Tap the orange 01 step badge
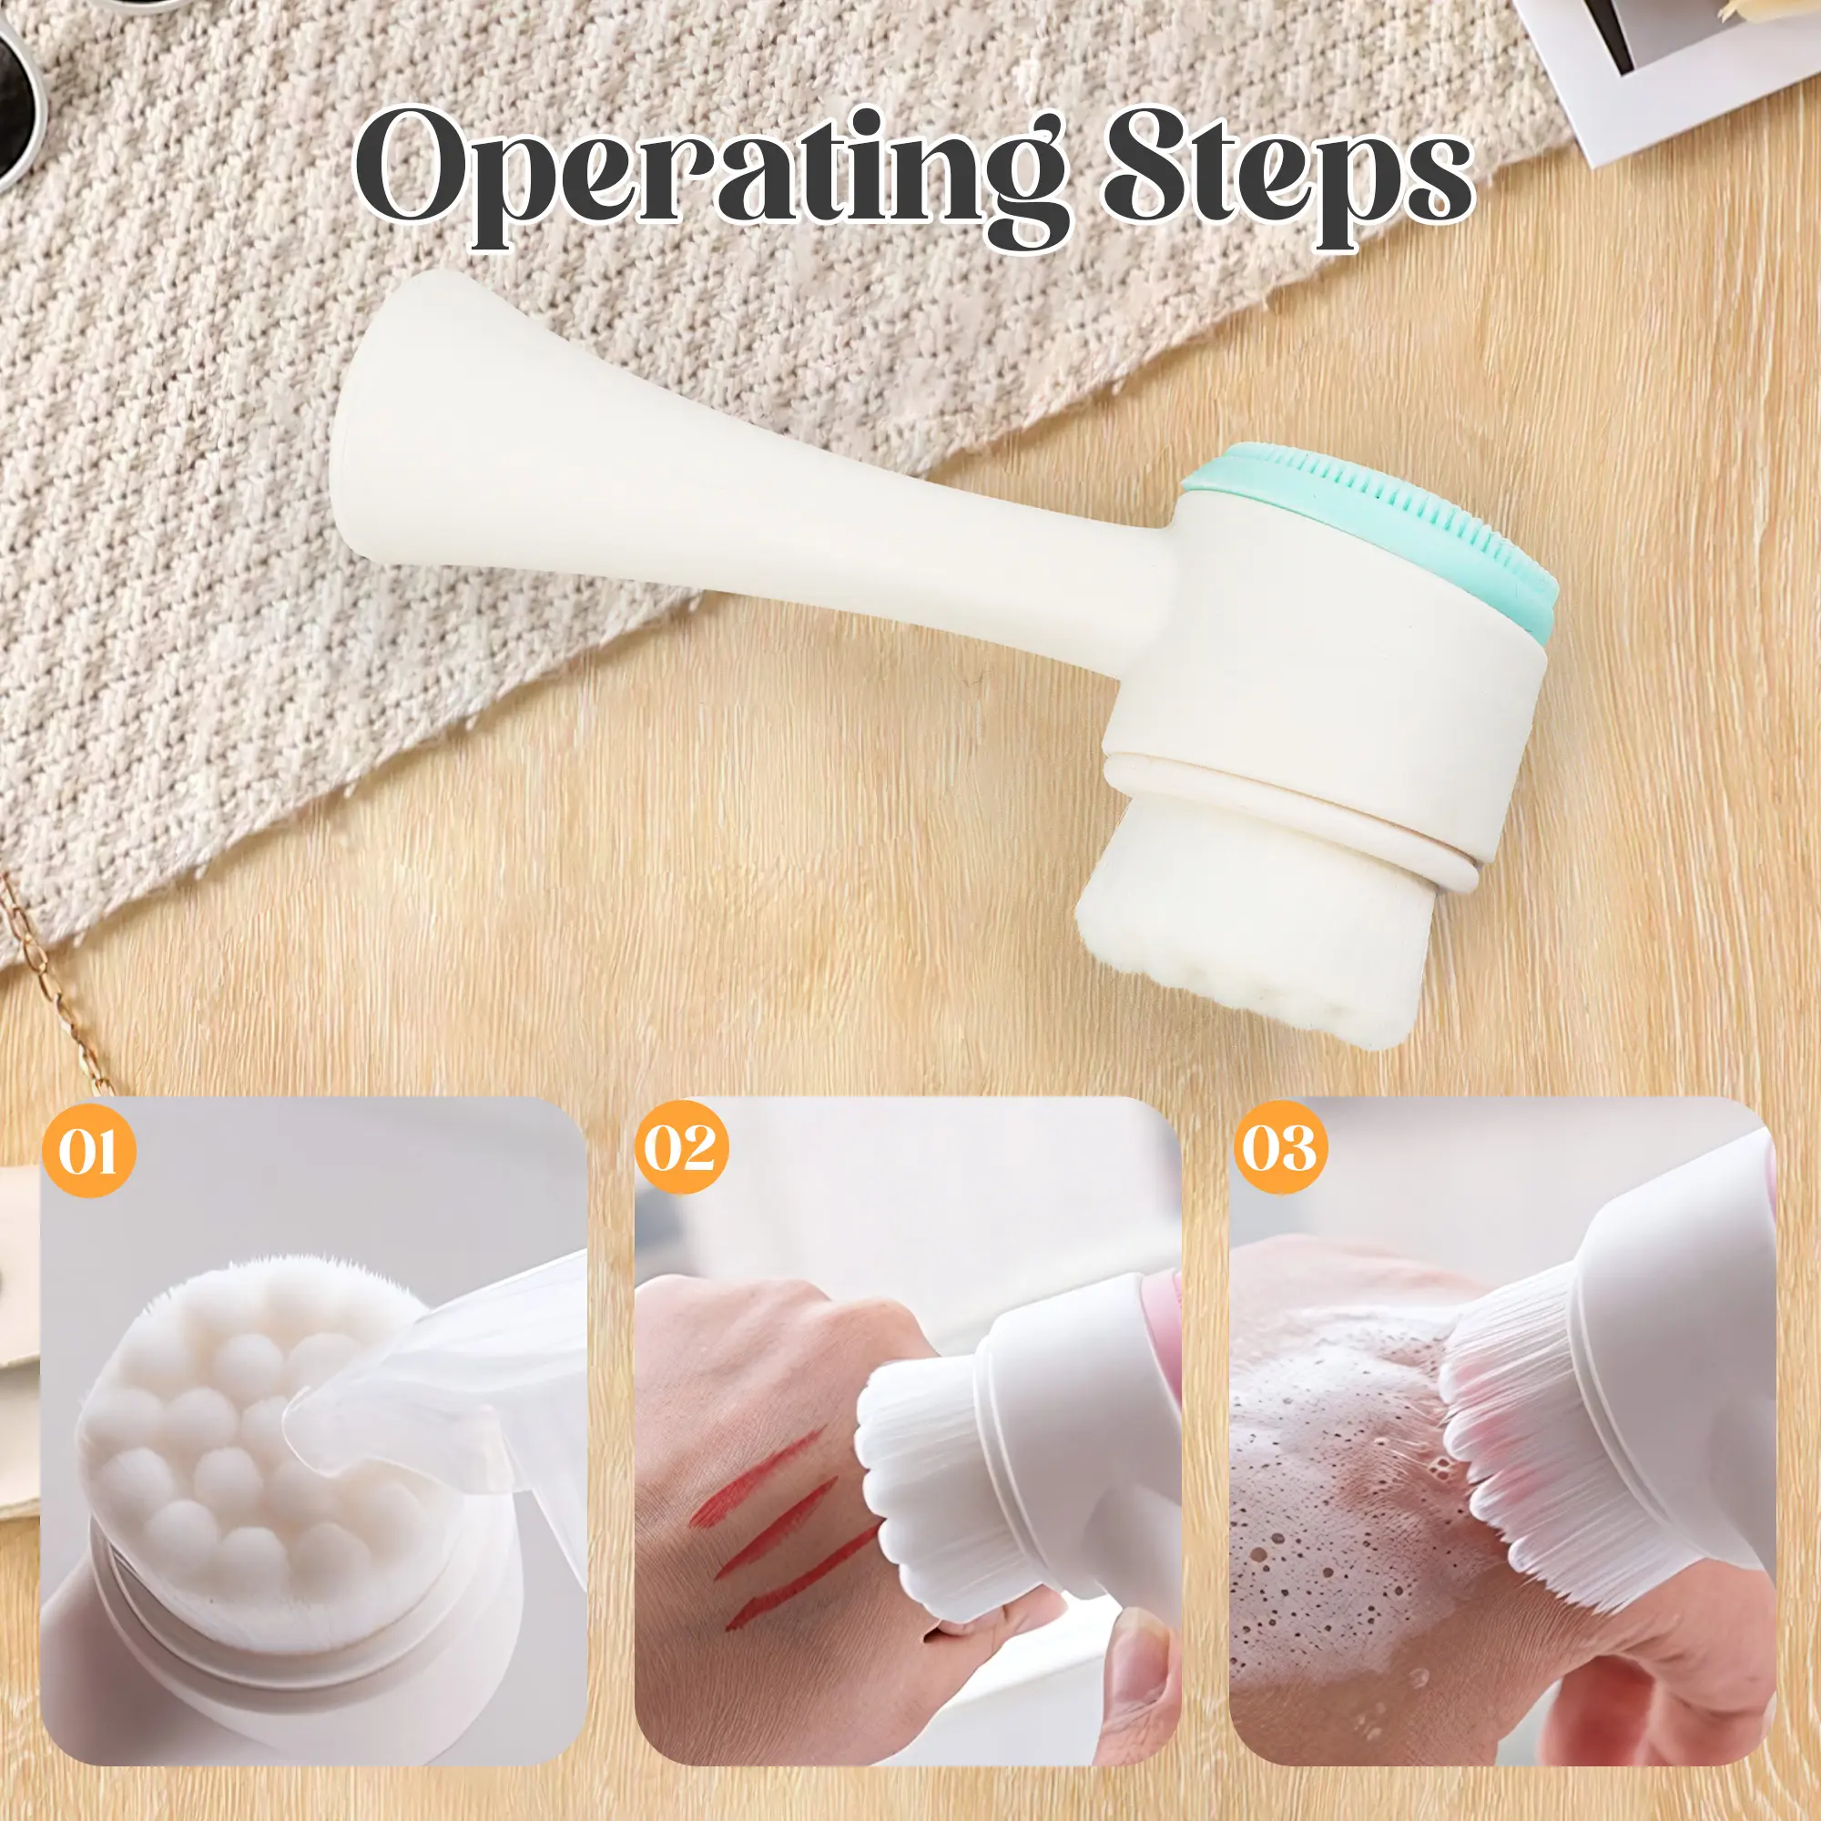[x=88, y=1151]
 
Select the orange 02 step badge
[x=680, y=1147]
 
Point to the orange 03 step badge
[x=1280, y=1147]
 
